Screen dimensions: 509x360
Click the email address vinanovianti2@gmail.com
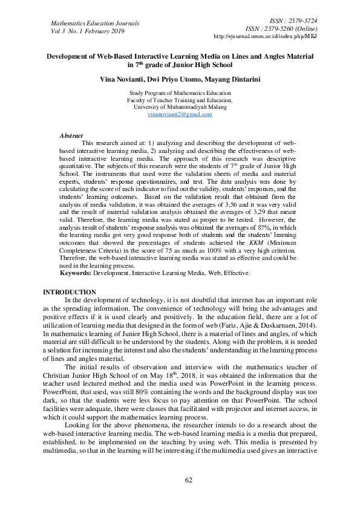coord(180,114)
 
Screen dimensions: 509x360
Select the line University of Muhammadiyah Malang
coord(180,107)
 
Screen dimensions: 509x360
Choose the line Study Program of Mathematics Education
coord(180,93)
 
